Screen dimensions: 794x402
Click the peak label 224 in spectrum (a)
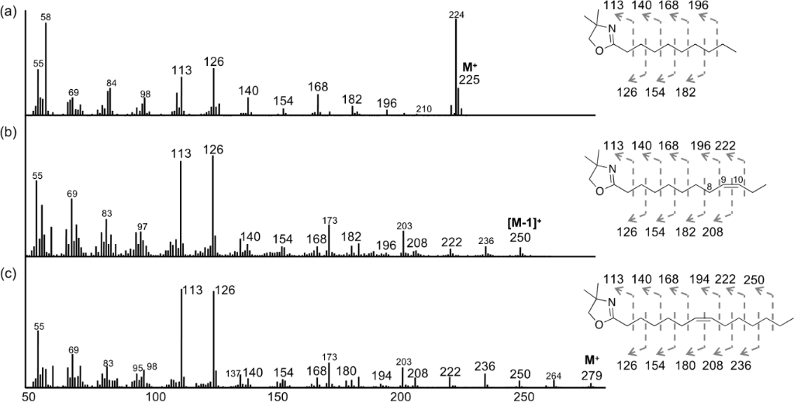pyautogui.click(x=456, y=15)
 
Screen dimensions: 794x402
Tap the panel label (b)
pyautogui.click(x=9, y=133)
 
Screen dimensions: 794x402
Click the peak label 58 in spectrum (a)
pyautogui.click(x=46, y=18)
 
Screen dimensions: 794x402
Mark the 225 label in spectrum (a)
pyautogui.click(x=469, y=80)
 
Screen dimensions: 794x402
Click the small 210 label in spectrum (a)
pyautogui.click(x=424, y=109)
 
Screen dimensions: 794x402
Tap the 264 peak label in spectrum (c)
pyautogui.click(x=554, y=376)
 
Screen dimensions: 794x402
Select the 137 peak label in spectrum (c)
pyautogui.click(x=233, y=373)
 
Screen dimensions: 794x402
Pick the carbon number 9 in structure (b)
pyautogui.click(x=723, y=179)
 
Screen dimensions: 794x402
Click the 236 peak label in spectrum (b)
pyautogui.click(x=485, y=241)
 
